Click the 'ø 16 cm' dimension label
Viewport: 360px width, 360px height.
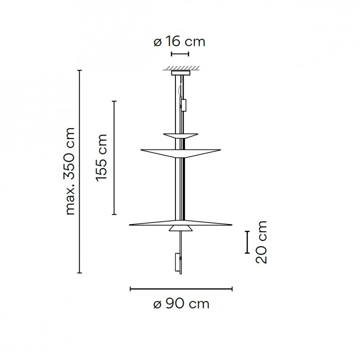pyautogui.click(x=179, y=42)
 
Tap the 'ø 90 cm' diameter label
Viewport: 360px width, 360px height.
pyautogui.click(x=181, y=304)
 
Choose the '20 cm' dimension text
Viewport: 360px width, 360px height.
pyautogui.click(x=261, y=242)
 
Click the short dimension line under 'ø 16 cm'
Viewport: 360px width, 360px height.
pyautogui.click(x=180, y=54)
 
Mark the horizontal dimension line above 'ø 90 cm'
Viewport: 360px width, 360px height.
pyautogui.click(x=181, y=288)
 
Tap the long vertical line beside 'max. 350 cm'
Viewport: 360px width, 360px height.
pyautogui.click(x=80, y=171)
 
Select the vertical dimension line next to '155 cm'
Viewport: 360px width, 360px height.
pyautogui.click(x=114, y=157)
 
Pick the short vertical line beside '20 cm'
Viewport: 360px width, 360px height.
pyautogui.click(x=247, y=242)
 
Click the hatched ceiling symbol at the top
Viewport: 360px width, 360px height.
pyautogui.click(x=180, y=69)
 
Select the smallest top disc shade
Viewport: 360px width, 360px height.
pyautogui.click(x=180, y=135)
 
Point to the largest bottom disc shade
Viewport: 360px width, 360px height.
pyautogui.click(x=180, y=224)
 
